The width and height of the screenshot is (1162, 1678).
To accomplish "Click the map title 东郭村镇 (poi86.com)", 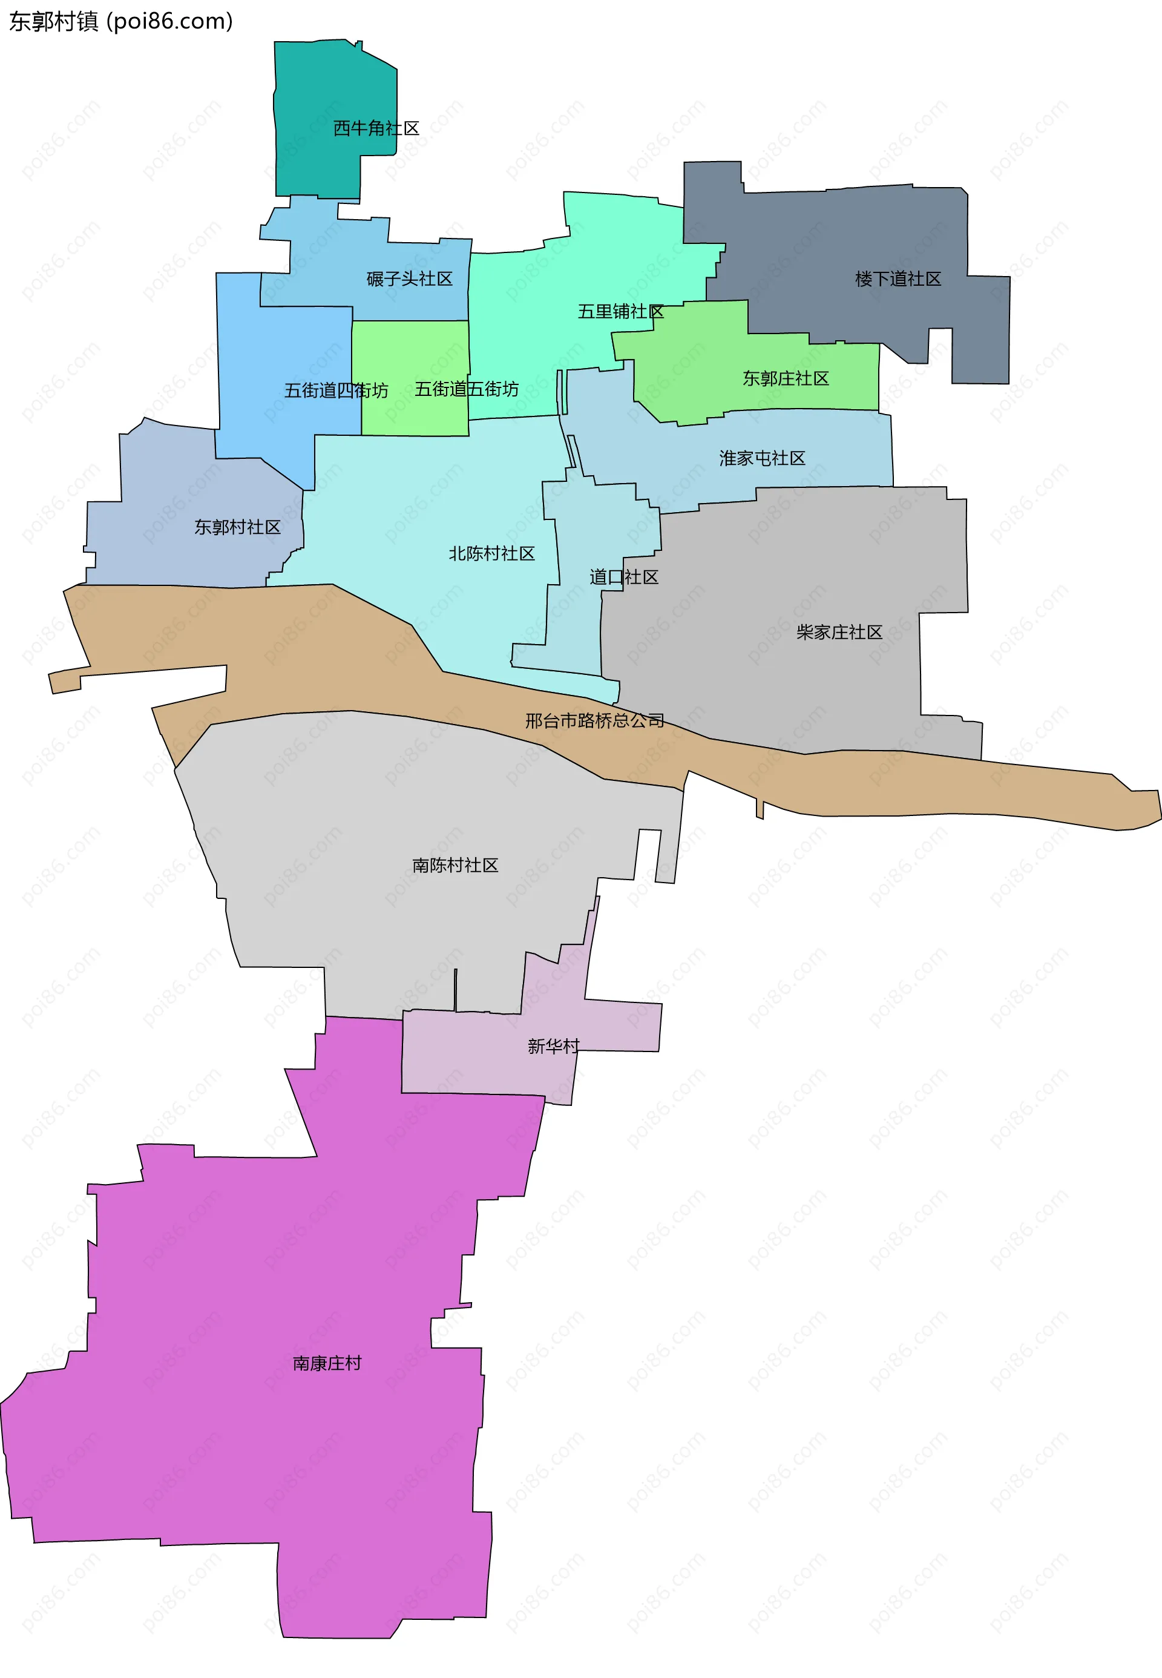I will click(121, 22).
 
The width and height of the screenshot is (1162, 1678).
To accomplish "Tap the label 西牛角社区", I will click(376, 128).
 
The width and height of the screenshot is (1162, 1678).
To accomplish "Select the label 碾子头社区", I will click(409, 279).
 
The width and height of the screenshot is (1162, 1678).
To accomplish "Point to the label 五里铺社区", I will click(620, 312).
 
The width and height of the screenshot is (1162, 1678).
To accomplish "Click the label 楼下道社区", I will click(898, 279).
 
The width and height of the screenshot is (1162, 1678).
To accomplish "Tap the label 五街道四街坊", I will click(336, 391).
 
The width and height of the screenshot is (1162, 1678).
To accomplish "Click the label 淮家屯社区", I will click(763, 458).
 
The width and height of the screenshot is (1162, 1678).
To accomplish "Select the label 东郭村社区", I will click(237, 527).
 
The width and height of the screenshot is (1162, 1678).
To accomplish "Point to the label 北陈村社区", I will click(491, 553).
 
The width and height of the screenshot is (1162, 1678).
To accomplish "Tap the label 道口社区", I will click(624, 577).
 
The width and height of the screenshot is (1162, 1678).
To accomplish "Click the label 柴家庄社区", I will click(839, 632).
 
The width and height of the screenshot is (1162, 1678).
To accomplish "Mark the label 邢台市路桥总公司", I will click(595, 721).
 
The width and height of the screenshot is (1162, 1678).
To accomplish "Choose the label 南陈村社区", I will click(455, 865).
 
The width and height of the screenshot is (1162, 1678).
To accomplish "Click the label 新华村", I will click(553, 1047).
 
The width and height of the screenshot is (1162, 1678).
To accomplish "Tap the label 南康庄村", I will click(327, 1363).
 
